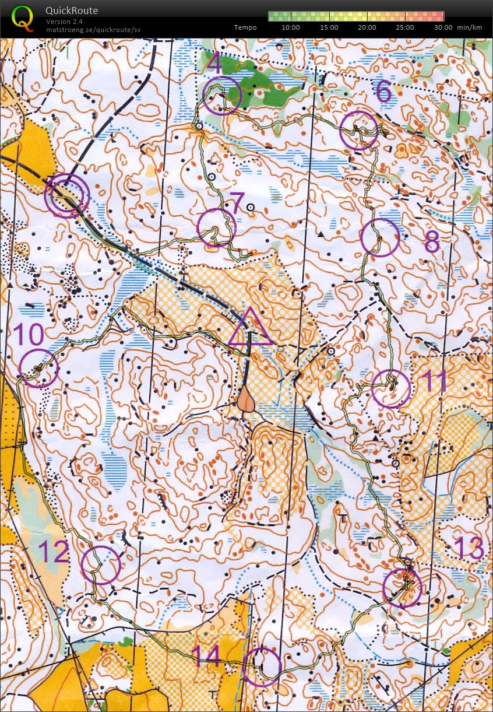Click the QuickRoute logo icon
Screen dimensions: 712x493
point(22,17)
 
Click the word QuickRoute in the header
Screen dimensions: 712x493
point(72,10)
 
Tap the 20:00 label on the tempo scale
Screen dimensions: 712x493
point(367,27)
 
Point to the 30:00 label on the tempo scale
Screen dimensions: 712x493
point(443,27)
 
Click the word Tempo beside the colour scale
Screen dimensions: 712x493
point(245,27)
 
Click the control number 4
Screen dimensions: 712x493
point(214,63)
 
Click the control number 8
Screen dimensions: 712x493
point(431,241)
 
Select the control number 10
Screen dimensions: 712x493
point(28,336)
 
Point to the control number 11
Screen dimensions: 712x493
point(434,380)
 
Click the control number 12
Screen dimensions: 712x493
point(54,552)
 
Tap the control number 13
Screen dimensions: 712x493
point(469,548)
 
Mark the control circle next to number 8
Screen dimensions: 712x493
point(380,237)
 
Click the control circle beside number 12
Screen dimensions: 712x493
point(101,565)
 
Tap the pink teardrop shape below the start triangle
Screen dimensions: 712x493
point(246,401)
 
